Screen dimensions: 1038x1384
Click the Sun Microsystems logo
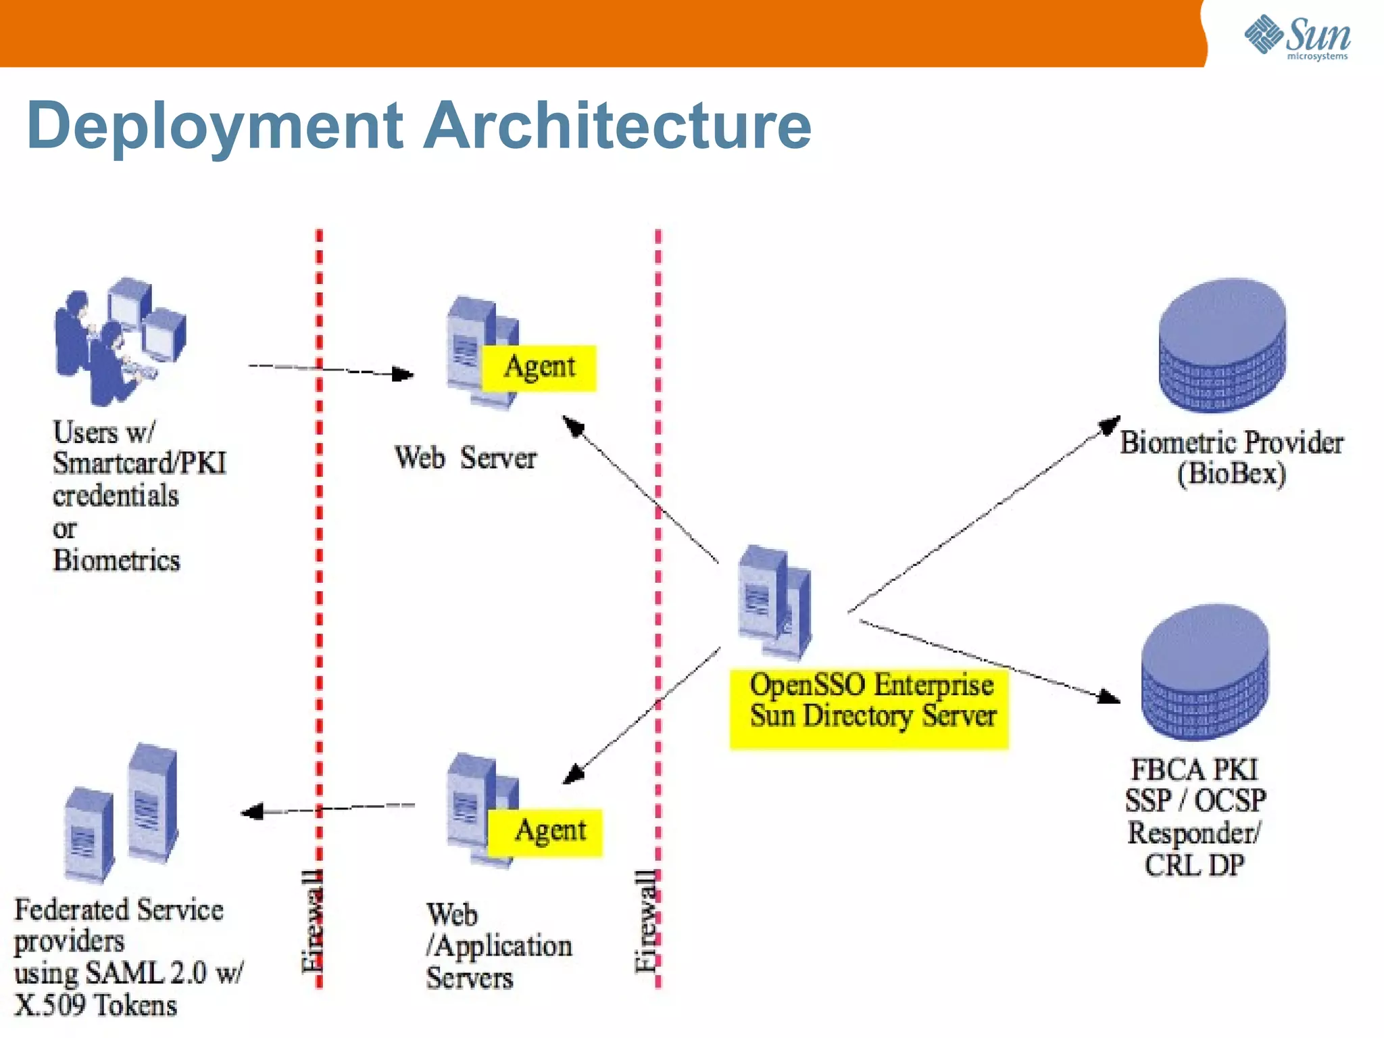(1297, 37)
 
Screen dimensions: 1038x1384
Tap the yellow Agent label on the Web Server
(539, 367)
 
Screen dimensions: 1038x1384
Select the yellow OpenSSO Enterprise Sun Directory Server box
(869, 707)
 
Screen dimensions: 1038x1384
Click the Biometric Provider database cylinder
(1222, 345)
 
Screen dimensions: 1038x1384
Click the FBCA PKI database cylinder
(1205, 672)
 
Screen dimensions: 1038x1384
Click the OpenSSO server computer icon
(774, 602)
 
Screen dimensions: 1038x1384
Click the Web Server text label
(465, 458)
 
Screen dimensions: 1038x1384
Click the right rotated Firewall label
(645, 921)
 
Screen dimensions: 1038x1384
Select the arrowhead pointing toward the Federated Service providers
(252, 811)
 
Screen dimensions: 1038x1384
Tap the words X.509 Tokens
(96, 1005)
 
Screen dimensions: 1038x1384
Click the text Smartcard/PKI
(140, 463)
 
